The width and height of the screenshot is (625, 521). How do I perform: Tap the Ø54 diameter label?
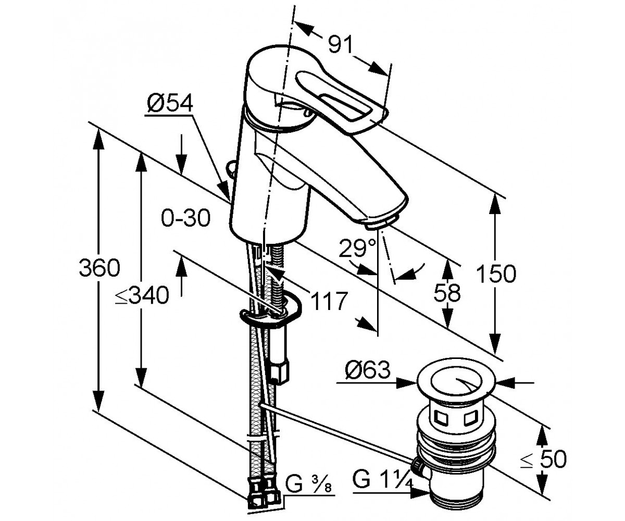coord(170,104)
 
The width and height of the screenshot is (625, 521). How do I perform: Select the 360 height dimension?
coord(99,268)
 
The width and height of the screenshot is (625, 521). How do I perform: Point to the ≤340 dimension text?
coord(142,295)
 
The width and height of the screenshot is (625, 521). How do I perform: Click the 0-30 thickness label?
coord(185,218)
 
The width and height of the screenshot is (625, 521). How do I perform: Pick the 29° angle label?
coord(357,247)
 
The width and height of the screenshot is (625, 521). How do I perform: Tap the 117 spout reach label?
coord(329,301)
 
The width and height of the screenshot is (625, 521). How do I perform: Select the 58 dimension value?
coord(447,293)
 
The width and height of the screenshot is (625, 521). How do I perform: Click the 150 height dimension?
coord(496,274)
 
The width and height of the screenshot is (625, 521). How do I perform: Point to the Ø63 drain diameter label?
coord(368,369)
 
